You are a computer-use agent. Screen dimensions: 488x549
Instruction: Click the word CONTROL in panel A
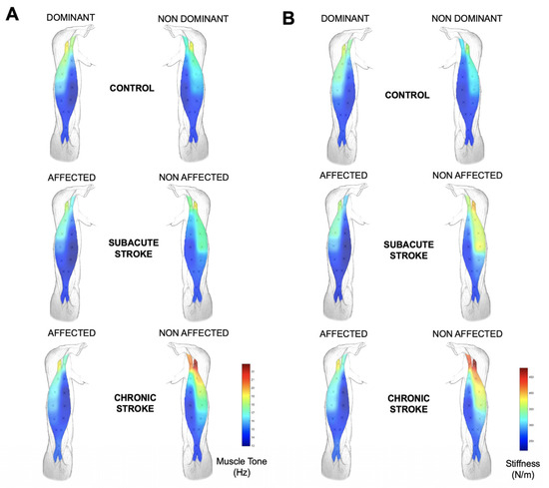[x=131, y=88]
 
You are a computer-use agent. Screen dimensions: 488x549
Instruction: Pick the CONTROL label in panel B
[x=410, y=95]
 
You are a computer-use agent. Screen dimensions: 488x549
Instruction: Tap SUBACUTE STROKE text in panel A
[x=132, y=248]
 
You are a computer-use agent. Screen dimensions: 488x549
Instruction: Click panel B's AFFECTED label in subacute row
[x=342, y=176]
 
